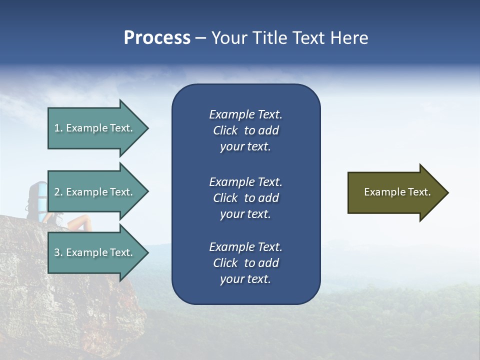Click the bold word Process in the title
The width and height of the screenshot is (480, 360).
pyautogui.click(x=157, y=38)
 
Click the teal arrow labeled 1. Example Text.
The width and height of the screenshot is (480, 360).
pyautogui.click(x=95, y=128)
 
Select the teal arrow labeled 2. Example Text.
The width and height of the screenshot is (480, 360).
pyautogui.click(x=95, y=192)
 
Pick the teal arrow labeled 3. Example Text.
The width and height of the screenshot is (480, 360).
pyautogui.click(x=95, y=252)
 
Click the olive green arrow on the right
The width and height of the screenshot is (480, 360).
pyautogui.click(x=395, y=192)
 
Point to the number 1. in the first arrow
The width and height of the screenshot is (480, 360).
pyautogui.click(x=58, y=128)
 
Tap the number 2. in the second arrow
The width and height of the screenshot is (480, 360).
pyautogui.click(x=58, y=192)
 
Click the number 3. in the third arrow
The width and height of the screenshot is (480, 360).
pyautogui.click(x=58, y=252)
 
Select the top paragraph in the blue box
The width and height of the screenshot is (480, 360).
pyautogui.click(x=245, y=130)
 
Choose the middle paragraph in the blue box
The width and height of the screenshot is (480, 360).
pyautogui.click(x=245, y=198)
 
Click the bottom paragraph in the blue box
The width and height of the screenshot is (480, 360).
pyautogui.click(x=245, y=263)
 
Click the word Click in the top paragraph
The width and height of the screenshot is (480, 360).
pyautogui.click(x=225, y=130)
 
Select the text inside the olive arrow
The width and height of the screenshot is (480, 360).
pyautogui.click(x=397, y=192)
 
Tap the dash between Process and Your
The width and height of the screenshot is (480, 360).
pyautogui.click(x=200, y=38)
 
